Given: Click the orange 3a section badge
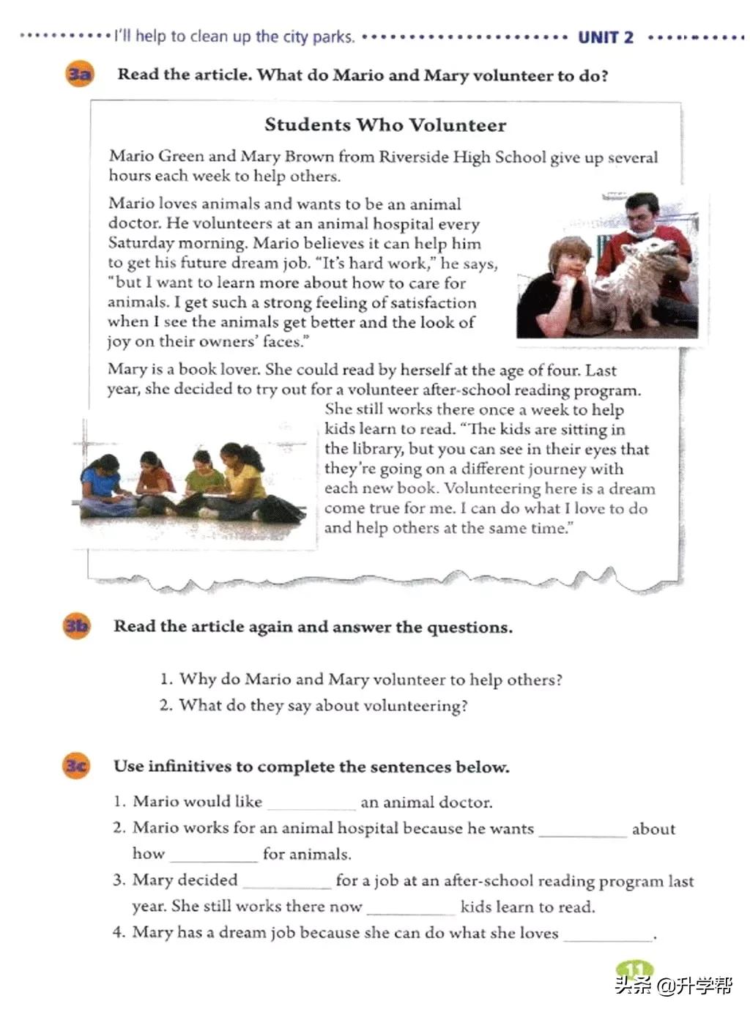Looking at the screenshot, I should [x=80, y=74].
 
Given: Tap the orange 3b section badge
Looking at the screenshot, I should [x=76, y=626].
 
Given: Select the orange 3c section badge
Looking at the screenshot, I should [x=76, y=766].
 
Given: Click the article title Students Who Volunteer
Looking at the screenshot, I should [x=385, y=124].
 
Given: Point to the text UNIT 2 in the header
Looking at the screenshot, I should [x=605, y=37].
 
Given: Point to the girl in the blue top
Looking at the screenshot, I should [x=101, y=480].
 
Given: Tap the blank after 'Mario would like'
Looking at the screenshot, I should [x=311, y=803].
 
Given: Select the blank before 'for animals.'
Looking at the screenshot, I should [x=213, y=855].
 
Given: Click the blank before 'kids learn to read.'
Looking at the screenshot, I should [x=410, y=907].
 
